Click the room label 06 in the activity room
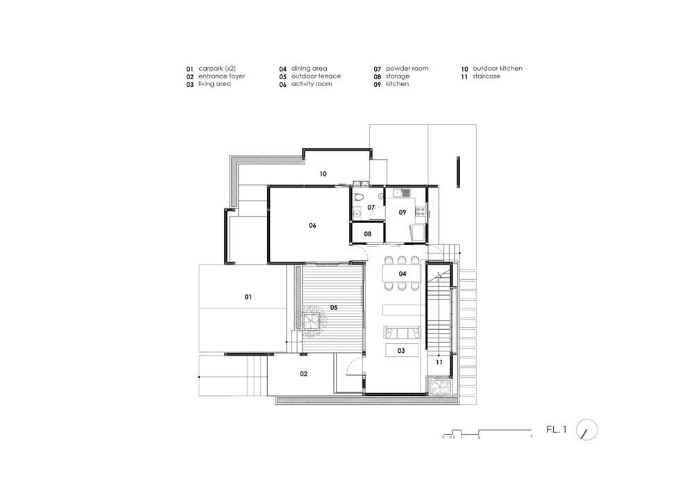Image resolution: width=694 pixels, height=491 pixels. tap(312, 225)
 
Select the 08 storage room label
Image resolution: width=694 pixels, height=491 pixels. tap(367, 234)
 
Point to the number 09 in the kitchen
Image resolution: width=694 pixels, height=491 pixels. tap(402, 212)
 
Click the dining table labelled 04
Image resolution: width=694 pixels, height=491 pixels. tap(402, 274)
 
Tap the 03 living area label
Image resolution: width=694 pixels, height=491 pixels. tap(401, 351)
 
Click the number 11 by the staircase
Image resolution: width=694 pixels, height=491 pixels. tap(439, 362)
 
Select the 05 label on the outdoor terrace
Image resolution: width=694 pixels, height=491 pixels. tap(333, 307)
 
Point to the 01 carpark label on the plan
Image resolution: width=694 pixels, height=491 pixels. tap(248, 297)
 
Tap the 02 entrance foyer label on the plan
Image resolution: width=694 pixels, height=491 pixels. tap(303, 374)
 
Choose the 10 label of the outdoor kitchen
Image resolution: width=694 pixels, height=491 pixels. tap(323, 174)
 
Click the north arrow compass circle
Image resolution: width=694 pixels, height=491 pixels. tap(587, 431)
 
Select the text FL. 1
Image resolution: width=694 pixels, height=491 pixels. tap(557, 431)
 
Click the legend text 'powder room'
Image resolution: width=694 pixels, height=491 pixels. tap(407, 69)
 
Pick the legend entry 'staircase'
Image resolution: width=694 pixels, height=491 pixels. tap(486, 76)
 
